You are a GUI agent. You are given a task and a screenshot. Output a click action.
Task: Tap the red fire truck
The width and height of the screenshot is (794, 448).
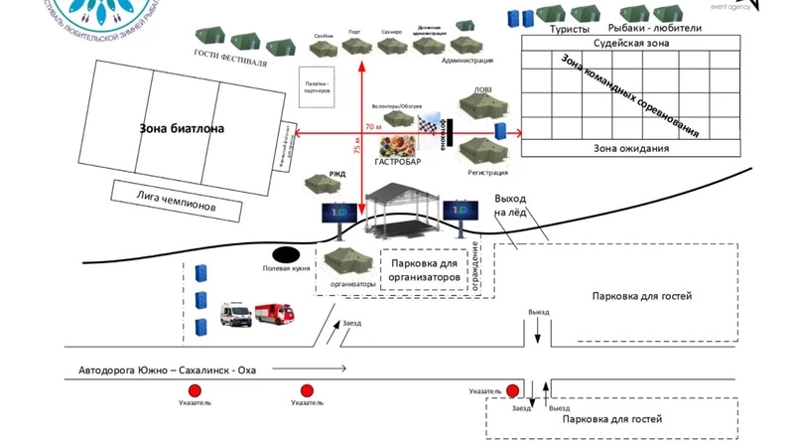coord(276,314)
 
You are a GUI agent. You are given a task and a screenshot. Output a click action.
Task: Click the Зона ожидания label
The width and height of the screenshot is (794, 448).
coord(631,149)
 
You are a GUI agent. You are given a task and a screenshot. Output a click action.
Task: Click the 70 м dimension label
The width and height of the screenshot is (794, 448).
coord(372,127)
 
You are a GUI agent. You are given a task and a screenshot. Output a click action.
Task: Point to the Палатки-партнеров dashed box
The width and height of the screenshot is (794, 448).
coord(317,86)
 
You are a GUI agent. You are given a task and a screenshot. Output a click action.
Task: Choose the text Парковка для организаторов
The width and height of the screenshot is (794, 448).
coord(425,271)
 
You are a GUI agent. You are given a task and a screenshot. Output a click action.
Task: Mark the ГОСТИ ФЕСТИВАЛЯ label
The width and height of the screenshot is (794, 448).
coord(229,56)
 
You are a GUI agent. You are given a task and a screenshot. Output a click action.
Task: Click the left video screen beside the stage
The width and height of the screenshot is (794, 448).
coord(333,211)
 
